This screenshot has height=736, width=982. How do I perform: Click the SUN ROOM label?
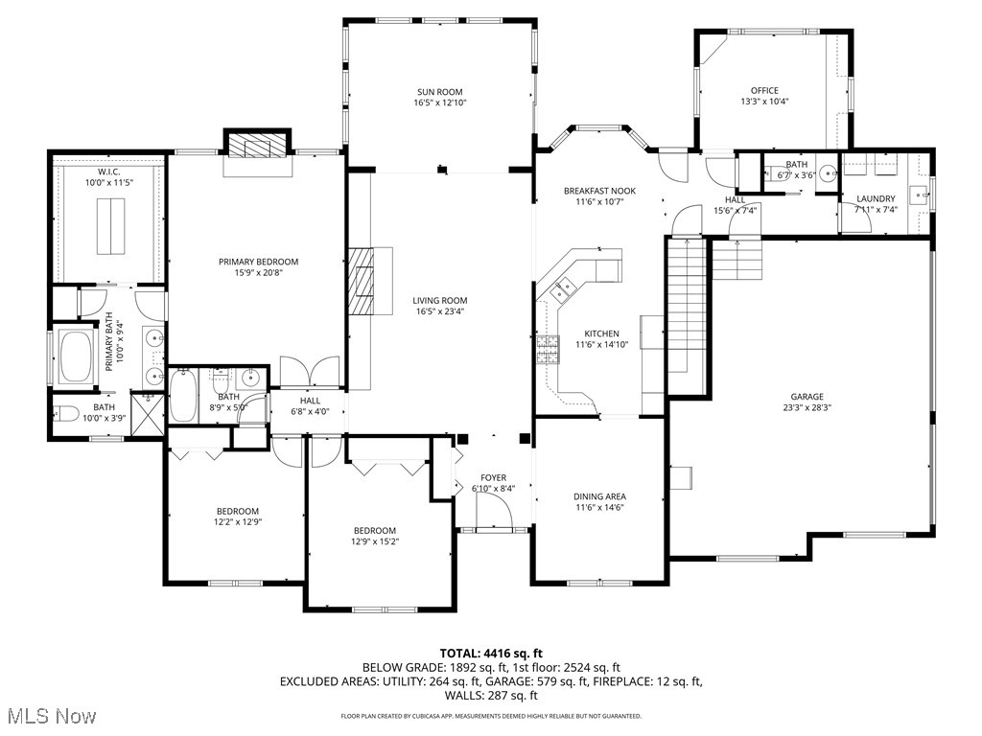coord(440,92)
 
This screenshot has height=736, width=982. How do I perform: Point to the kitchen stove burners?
coord(548,350)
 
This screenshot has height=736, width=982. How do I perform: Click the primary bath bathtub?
coord(75,356)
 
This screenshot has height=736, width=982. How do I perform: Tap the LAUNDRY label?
coord(876,199)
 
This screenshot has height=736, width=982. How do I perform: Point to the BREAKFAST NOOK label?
coord(600,192)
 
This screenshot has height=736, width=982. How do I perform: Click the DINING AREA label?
coord(599,496)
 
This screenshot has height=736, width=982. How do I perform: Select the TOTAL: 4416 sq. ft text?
coord(490,652)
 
